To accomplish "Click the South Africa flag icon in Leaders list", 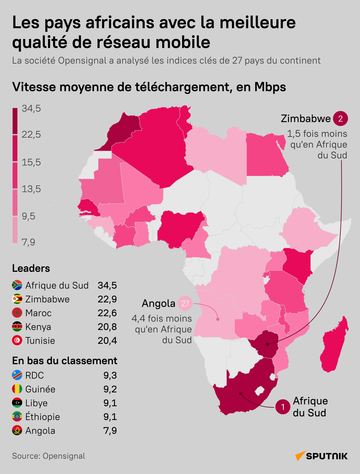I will pos(17,285).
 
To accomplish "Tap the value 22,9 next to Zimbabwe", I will pos(107,299).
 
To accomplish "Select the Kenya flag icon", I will pos(17,327).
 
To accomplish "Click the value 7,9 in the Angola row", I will pos(110,430).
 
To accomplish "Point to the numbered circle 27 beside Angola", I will pos(185,303).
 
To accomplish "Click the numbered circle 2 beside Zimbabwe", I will pos(340,118).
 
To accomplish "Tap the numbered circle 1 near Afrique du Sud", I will pos(283,407).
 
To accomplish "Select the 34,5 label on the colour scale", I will pos(31,108).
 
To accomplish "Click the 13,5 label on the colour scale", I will pos(31,189).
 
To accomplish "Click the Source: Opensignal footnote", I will pos(49,456).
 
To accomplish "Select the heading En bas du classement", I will pos(64,361).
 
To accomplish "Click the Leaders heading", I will pos(31,268).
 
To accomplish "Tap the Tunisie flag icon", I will pos(17,340).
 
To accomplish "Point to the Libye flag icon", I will pos(17,403).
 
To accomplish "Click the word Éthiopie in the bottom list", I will pos(43,417).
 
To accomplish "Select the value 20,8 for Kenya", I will pos(107,327).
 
